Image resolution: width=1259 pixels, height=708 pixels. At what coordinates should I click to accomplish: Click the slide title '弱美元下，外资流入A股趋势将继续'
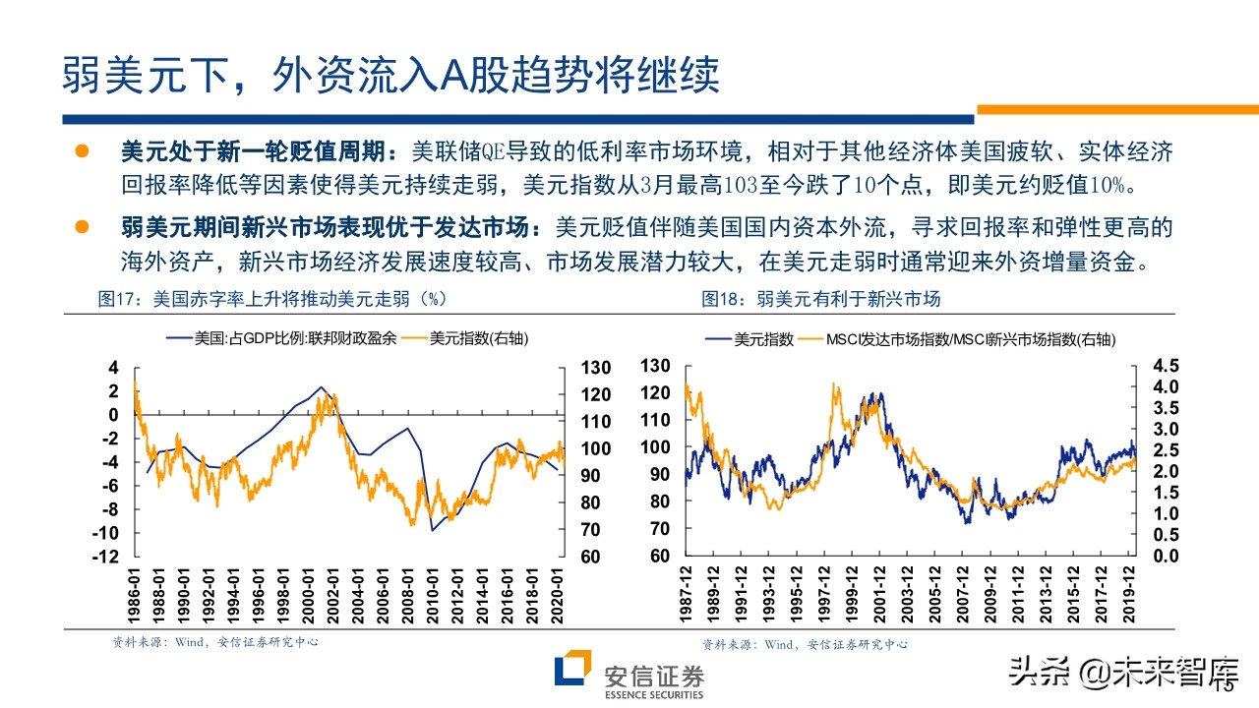click(x=390, y=74)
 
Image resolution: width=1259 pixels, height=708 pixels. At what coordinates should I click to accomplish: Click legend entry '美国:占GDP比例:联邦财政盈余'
click(x=282, y=339)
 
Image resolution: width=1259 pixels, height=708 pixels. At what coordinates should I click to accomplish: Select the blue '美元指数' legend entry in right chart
click(x=750, y=339)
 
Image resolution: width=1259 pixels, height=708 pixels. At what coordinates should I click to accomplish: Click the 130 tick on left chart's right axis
click(x=597, y=368)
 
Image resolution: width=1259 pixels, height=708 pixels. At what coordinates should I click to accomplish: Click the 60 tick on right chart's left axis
click(x=659, y=557)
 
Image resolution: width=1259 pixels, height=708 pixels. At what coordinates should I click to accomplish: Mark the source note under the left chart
click(x=214, y=642)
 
